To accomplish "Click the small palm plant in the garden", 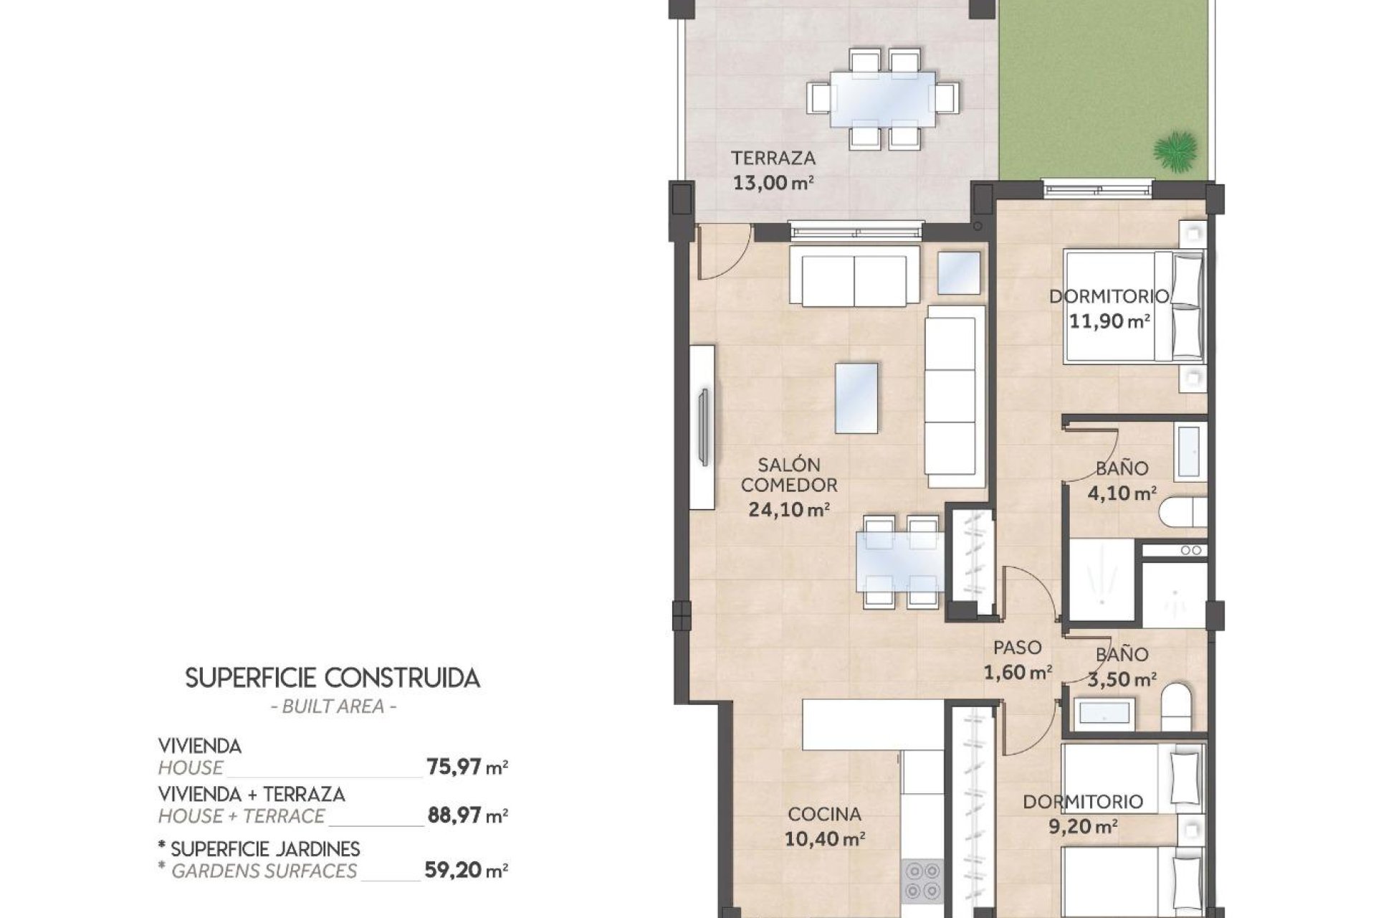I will click(1175, 151).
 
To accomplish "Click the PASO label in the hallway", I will click(1017, 648).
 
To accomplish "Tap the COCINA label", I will click(824, 814).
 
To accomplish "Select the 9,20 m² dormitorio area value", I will click(1082, 827).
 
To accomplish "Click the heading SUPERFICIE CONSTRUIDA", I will click(333, 678).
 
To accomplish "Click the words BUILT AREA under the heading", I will click(333, 706).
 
